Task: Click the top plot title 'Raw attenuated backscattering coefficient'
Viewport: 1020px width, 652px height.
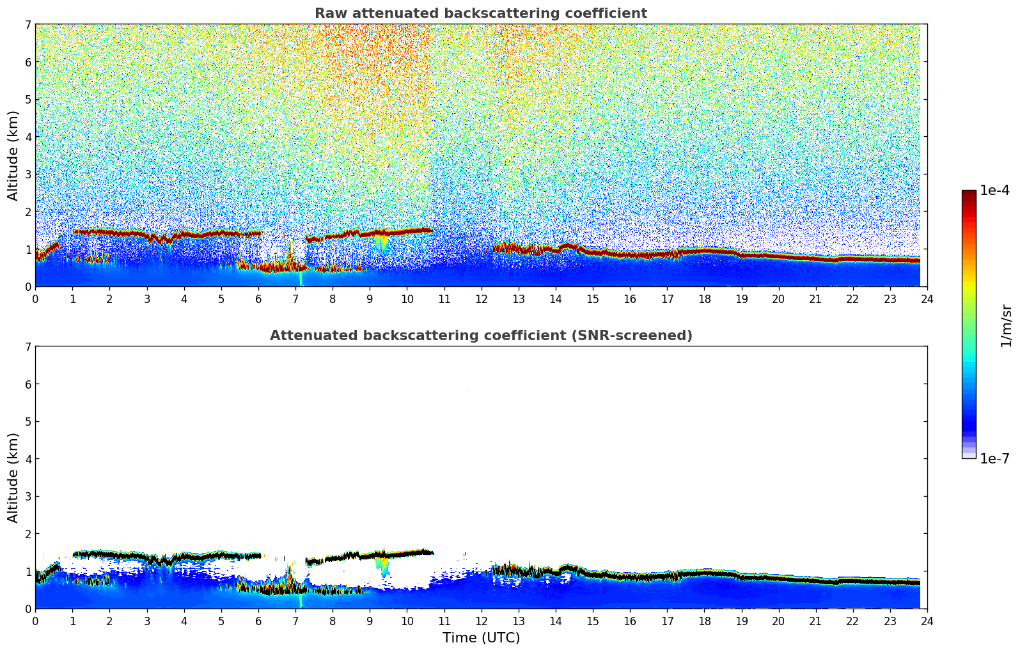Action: [480, 13]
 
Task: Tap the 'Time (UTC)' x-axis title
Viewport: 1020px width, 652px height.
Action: [481, 638]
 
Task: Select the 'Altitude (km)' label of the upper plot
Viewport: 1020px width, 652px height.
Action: [13, 155]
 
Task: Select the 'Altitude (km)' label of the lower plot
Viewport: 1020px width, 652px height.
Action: [13, 477]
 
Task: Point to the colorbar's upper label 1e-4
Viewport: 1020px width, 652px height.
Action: [994, 190]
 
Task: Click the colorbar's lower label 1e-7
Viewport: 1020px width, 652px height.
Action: [994, 458]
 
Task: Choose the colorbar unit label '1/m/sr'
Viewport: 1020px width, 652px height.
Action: [1006, 325]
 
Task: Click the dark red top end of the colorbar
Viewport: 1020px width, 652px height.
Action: [969, 193]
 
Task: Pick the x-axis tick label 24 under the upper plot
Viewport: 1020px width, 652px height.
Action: [927, 299]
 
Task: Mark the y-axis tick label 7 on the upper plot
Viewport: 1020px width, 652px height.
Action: [27, 25]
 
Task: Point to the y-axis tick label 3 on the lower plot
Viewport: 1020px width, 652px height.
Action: [27, 497]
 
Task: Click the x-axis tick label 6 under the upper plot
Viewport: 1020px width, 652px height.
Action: [258, 299]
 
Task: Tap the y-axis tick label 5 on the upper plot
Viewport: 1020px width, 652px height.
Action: [27, 100]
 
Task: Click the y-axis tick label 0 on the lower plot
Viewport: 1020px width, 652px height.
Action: [27, 609]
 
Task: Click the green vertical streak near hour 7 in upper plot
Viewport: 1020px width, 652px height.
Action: [301, 279]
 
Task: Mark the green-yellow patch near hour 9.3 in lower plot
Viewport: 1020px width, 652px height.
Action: [382, 566]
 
